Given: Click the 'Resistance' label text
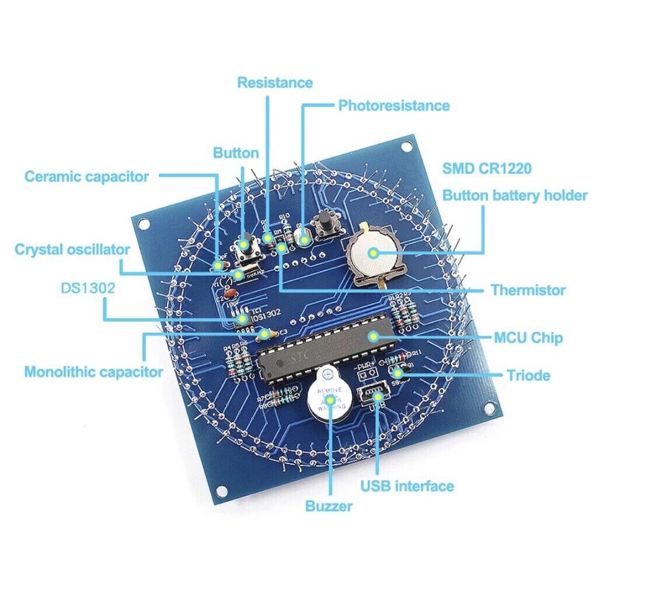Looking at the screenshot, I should pos(275,83).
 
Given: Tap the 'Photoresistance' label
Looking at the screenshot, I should pos(394,106).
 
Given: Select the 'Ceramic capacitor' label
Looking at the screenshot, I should pos(86,176).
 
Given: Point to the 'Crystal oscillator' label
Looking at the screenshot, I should pos(72,250).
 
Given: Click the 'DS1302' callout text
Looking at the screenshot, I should pos(88,288).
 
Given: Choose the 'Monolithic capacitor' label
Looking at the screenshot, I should pos(93,372).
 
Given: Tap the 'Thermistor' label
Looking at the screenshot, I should pos(528,290).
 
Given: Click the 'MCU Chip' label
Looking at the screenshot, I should pos(528,337).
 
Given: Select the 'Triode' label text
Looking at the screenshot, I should pos(528,375).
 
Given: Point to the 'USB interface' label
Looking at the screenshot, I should pos(407,486).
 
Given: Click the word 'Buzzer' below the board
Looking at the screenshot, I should pos(329,506).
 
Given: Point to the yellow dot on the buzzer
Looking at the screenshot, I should pos(330,400).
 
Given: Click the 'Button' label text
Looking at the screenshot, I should pos(236,154).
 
